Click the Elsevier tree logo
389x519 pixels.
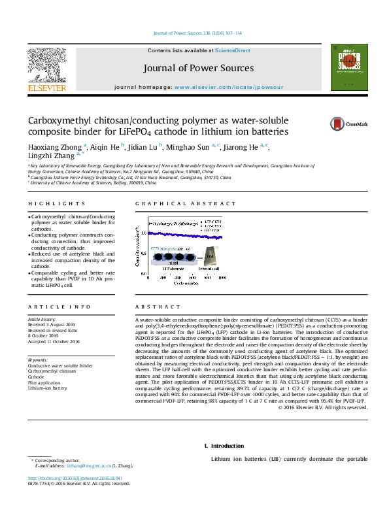coord(46,66)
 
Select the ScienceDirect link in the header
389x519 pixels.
coord(233,50)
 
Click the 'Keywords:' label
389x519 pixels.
coord(38,360)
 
